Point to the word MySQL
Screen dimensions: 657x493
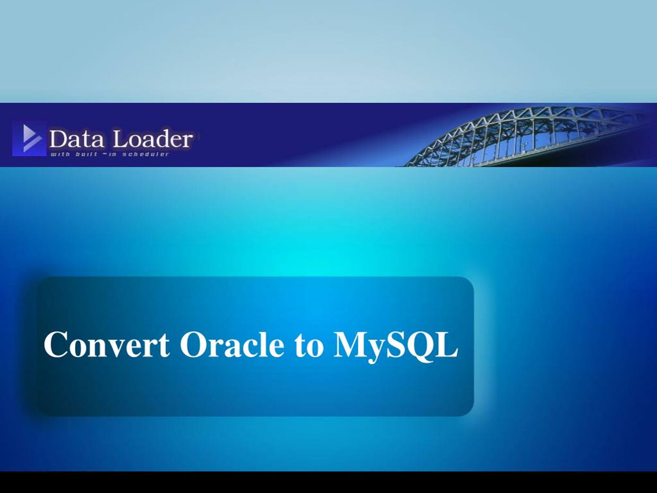point(396,346)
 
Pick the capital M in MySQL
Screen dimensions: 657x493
point(351,344)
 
